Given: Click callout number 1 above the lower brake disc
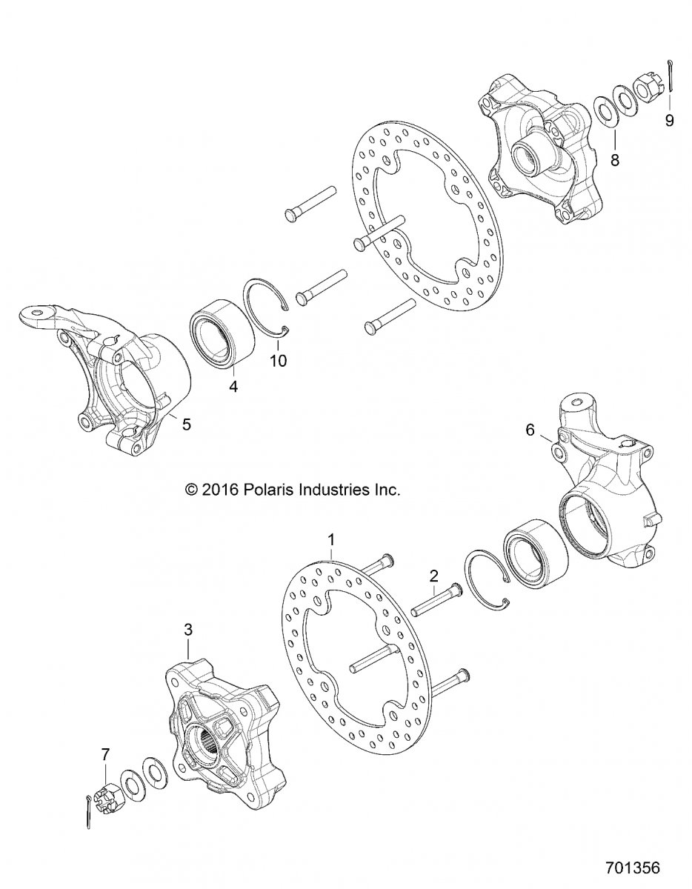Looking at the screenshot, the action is point(332,540).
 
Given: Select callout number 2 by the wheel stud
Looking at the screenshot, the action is point(434,576).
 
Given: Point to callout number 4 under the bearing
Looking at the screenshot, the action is point(233,386).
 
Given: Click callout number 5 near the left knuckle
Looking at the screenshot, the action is point(187,424).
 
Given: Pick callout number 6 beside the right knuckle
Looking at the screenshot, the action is point(530,430).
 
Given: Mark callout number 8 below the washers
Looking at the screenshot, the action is point(615,160).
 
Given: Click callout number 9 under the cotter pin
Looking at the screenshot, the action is point(669,120).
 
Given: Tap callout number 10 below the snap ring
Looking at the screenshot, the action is point(278,361).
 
